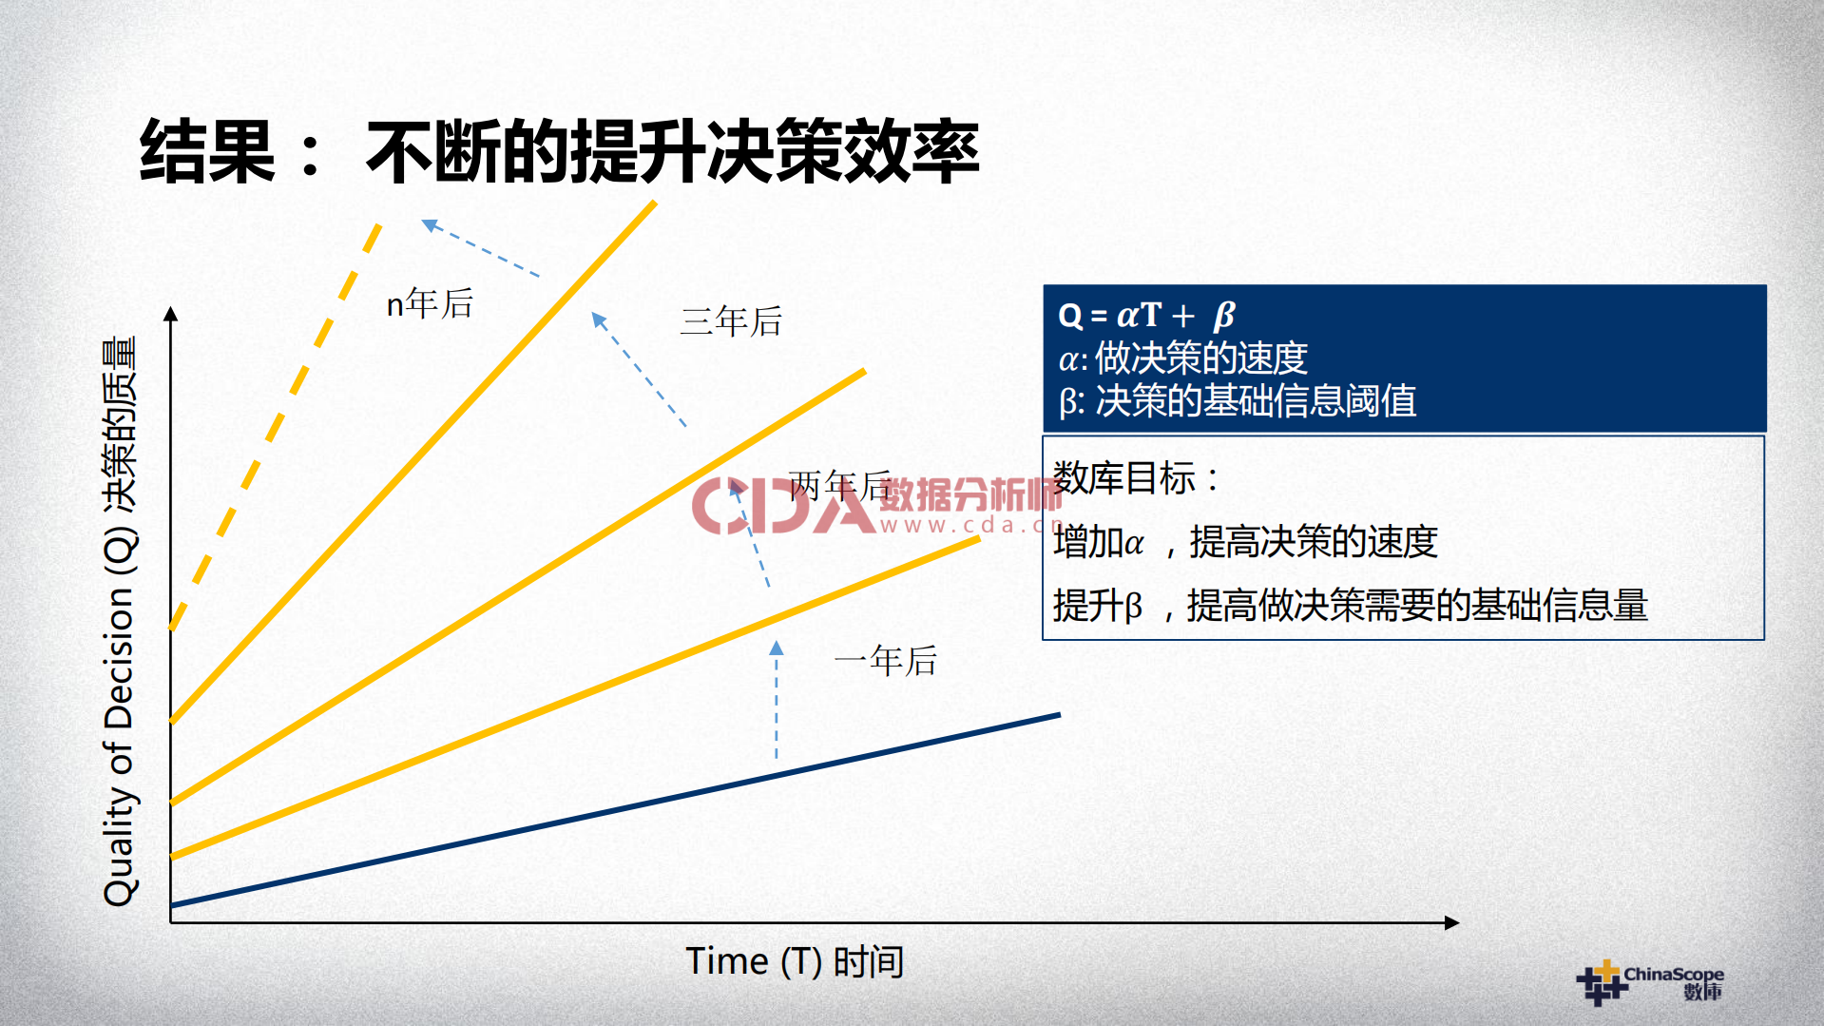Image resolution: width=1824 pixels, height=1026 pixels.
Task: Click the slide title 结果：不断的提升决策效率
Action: coord(559,152)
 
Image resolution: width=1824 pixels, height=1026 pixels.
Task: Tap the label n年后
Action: coord(430,304)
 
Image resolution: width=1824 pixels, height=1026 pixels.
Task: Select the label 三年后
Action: coord(731,321)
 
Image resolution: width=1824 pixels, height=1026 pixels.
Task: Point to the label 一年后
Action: coord(885,661)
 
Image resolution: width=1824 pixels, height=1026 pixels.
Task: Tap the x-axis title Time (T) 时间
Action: coord(795,961)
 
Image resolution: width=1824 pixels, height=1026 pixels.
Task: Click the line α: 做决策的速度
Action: coord(1182,358)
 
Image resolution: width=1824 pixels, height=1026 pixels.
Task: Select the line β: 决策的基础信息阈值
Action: coord(1237,401)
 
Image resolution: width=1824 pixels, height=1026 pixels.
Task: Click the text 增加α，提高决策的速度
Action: coord(1245,542)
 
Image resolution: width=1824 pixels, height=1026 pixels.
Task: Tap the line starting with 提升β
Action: coord(1350,605)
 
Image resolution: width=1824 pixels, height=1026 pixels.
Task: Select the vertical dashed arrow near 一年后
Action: coord(777,704)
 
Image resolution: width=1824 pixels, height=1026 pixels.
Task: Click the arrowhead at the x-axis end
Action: coord(1451,922)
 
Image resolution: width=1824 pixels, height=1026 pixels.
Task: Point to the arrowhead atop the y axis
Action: coord(171,314)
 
